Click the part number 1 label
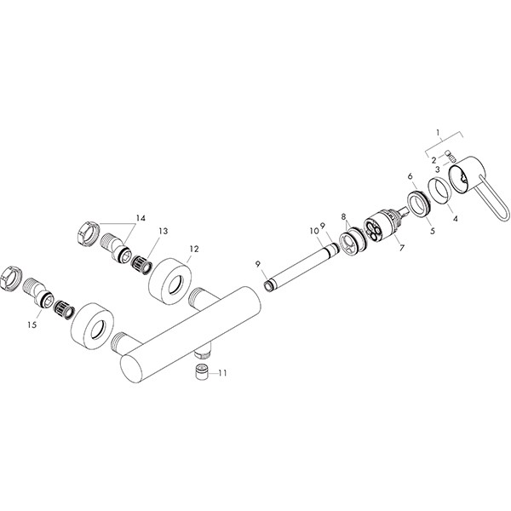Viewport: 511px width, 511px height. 439,132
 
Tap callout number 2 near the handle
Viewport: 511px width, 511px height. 433,159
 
